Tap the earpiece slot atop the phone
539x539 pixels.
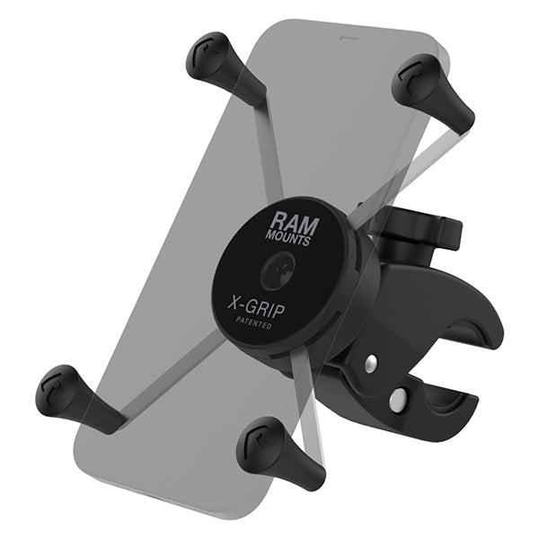[x=346, y=40]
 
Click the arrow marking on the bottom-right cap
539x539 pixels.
[x=261, y=441]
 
